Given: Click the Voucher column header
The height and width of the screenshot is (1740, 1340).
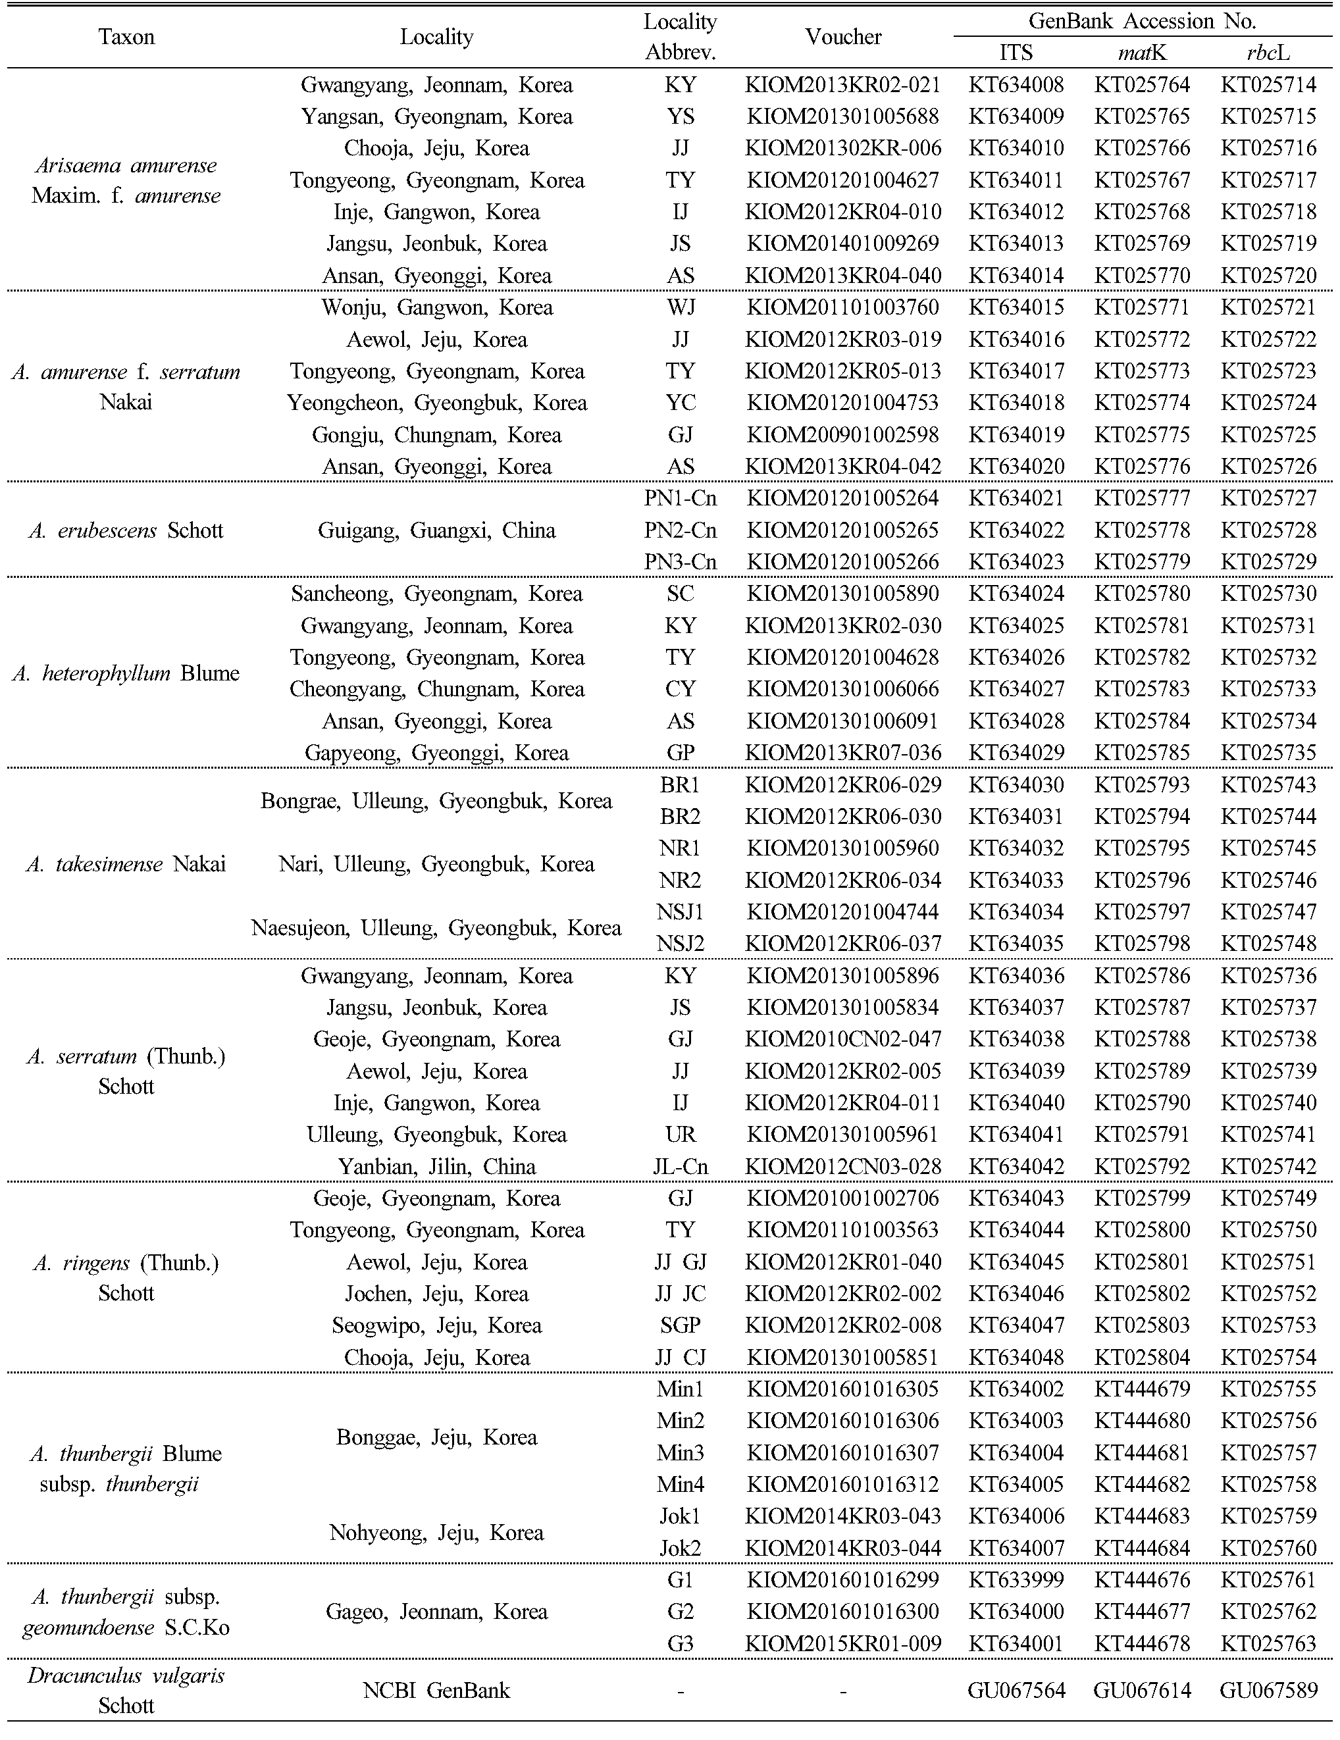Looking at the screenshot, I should pos(843,37).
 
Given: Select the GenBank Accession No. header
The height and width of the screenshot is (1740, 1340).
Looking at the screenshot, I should pos(1142,20).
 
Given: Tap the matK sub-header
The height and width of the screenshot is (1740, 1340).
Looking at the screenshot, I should pos(1142,53).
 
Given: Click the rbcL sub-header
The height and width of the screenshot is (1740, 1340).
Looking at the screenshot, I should pos(1268,53).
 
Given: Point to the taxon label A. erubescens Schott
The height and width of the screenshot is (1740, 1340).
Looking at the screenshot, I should pos(126,530).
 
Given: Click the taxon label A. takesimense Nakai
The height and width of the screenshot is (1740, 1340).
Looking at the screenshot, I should pos(126,865).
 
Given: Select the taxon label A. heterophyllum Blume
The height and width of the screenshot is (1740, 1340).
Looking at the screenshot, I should pos(126,673).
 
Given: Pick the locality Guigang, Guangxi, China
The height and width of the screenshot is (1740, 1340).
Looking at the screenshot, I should pos(436,530).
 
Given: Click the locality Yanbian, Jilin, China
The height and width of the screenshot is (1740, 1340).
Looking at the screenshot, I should pos(436,1166).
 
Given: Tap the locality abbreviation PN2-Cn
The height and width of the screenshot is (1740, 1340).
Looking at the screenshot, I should pos(681,530).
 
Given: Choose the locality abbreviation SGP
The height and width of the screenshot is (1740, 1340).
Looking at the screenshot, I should pos(681,1325).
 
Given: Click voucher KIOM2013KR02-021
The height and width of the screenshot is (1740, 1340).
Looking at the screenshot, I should pos(843,84).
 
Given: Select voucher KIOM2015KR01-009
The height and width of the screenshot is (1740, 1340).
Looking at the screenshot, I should pos(843,1644).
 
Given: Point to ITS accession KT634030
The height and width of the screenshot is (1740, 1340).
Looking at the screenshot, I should pos(1016,784).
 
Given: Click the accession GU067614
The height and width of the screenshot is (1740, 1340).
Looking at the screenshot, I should pos(1142,1690).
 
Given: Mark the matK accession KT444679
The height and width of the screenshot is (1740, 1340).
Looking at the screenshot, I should pos(1142,1389).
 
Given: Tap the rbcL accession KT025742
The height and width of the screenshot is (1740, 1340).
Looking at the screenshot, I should pos(1268,1166).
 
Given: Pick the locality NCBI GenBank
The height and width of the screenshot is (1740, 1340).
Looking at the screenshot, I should pos(436,1690).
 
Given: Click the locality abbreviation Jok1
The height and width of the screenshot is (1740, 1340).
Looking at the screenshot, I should pos(681,1516).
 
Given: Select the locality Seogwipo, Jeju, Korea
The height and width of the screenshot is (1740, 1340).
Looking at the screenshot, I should pos(436,1325).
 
